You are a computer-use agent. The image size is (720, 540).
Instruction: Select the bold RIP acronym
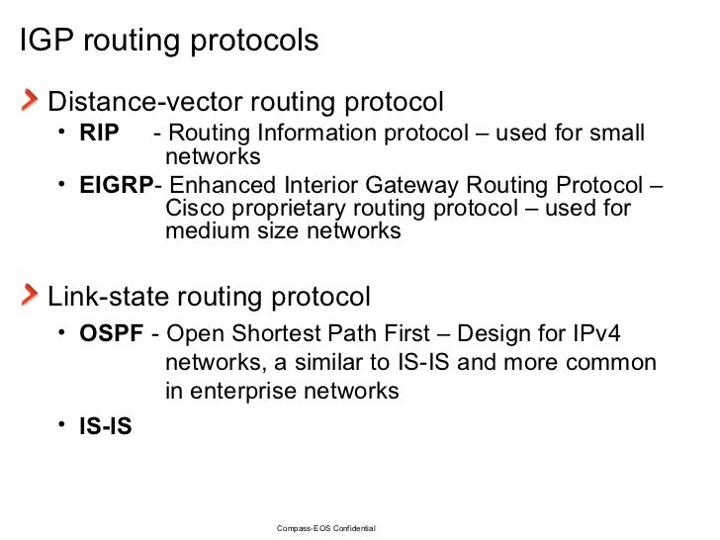point(99,134)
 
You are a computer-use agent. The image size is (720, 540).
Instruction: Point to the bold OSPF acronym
point(112,334)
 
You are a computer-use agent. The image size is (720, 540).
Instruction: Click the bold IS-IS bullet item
point(106,427)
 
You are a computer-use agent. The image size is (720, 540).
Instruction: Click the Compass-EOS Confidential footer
point(325,529)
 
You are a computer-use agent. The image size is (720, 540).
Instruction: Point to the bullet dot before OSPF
point(61,333)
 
